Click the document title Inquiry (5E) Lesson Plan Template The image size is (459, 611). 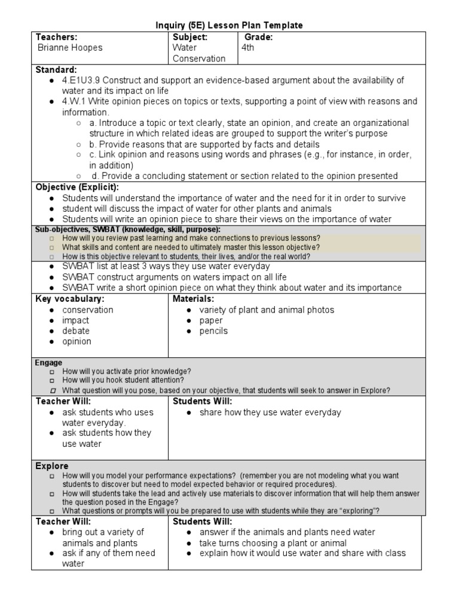click(229, 25)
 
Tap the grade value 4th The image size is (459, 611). click(247, 48)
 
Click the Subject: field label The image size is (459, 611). click(189, 37)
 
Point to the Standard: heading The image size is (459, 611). click(56, 70)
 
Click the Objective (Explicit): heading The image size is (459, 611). click(77, 187)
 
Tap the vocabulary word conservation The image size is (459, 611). click(87, 310)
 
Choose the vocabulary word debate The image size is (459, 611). click(76, 331)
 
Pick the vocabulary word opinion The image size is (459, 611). click(76, 341)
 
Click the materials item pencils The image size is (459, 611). click(213, 331)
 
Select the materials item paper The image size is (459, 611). click(211, 320)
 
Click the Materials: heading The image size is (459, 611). click(193, 298)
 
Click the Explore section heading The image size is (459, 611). click(52, 465)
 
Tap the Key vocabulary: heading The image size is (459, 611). click(70, 298)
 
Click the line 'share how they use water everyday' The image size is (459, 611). click(270, 412)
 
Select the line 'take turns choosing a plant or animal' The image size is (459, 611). click(273, 542)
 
